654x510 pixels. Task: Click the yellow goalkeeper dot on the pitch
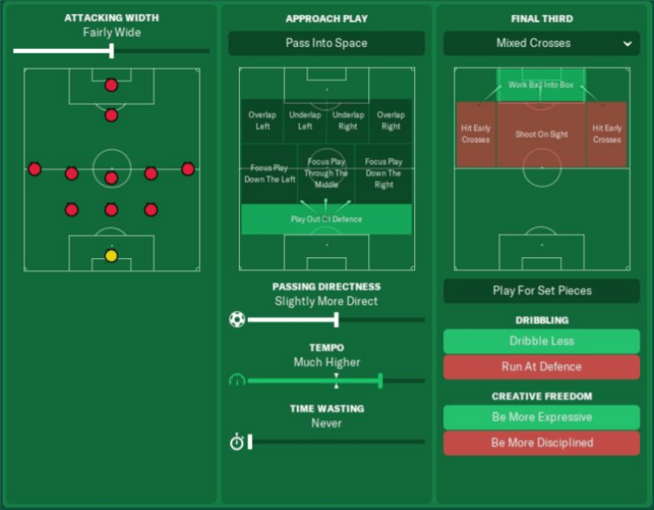point(111,255)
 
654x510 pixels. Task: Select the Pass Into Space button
point(326,43)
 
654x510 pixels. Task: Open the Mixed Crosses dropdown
point(541,43)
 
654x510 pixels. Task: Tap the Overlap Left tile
point(262,120)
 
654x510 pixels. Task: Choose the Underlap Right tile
point(348,120)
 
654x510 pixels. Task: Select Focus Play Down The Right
point(384,173)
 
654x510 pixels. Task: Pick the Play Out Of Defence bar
point(326,220)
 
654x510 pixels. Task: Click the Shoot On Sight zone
point(542,135)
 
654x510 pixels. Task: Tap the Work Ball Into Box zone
point(542,85)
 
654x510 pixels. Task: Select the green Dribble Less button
point(542,341)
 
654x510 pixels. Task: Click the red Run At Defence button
point(542,367)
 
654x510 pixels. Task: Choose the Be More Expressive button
point(542,417)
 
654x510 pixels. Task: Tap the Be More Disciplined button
point(542,443)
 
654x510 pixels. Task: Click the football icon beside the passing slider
point(237,319)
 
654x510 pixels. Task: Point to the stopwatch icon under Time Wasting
point(236,442)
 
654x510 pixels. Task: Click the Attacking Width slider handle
point(112,51)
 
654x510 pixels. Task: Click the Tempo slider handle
point(380,380)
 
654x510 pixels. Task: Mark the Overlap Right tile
point(391,120)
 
